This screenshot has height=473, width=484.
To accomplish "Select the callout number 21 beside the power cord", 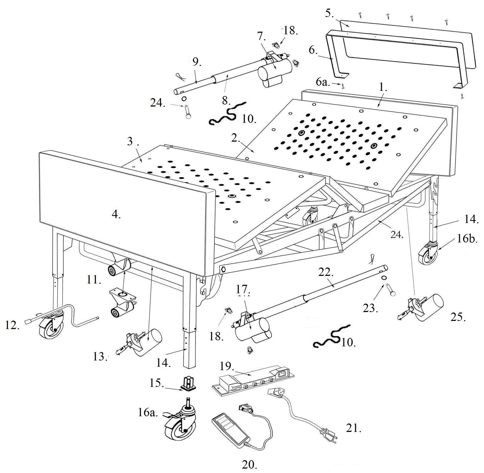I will coord(353,429).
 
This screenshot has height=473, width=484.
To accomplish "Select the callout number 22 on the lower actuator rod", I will coord(326,272).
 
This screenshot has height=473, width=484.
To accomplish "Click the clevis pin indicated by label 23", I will coord(392,291).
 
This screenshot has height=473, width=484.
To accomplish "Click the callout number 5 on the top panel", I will coord(329,13).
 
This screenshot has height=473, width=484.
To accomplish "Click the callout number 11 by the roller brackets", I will coord(93,280).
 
